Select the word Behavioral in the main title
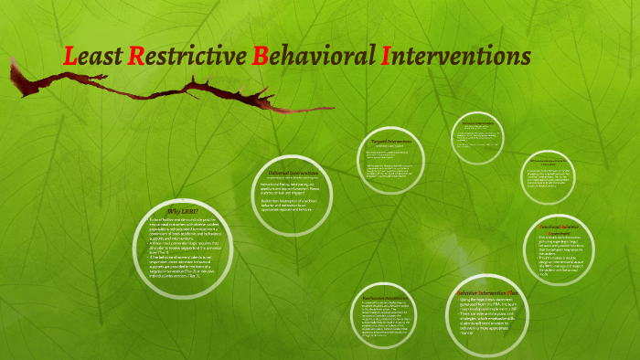[310, 56]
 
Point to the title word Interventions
[453, 56]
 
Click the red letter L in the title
[70, 56]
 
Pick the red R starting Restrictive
[136, 56]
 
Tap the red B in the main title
[261, 56]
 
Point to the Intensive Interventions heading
[478, 122]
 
